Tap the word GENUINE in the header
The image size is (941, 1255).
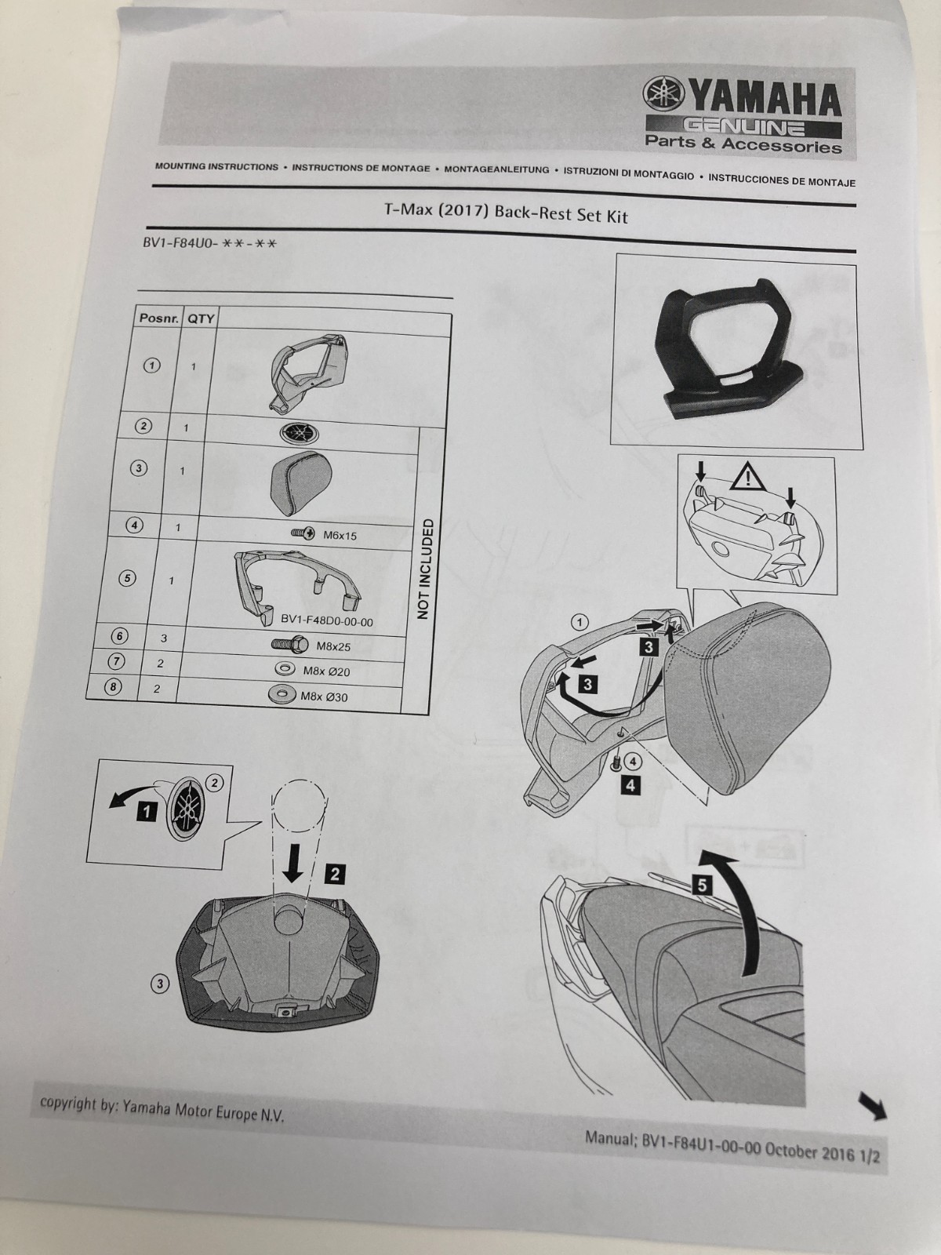pos(744,126)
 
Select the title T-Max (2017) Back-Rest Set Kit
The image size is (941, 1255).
pos(506,213)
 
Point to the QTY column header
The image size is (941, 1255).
pos(200,319)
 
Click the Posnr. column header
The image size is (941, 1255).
pos(157,318)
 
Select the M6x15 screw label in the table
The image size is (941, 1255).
pos(340,536)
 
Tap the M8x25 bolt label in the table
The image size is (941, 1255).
pos(333,646)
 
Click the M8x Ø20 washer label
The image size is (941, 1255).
pos(327,671)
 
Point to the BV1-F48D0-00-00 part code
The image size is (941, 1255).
pos(327,621)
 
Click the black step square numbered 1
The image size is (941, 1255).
pos(147,811)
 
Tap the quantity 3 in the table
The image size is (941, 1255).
pos(164,638)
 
